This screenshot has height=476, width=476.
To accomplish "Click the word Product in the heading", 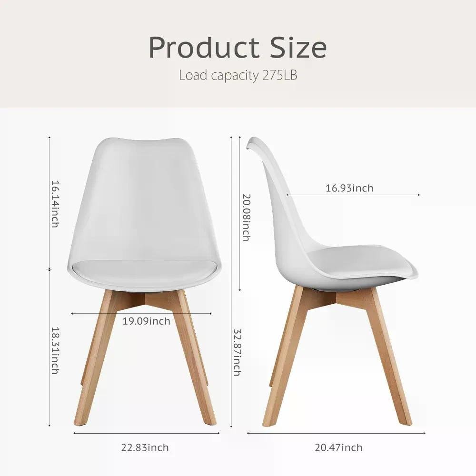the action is coord(204,47).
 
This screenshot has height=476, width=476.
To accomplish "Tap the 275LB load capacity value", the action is coord(279,75).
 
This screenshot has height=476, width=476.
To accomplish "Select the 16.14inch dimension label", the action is coord(55,204).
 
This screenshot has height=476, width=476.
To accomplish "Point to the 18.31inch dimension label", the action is coord(55,350).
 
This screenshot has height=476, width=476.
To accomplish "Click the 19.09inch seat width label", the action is coord(146,321).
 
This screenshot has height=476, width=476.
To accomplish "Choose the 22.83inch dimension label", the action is coord(145,447).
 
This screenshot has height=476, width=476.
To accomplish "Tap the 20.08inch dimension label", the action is coord(247,218).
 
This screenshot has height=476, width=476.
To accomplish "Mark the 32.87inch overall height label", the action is coord(238,352).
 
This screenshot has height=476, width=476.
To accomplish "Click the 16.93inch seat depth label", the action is coord(349,188).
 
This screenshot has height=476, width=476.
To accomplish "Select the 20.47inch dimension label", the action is coord(338,447).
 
